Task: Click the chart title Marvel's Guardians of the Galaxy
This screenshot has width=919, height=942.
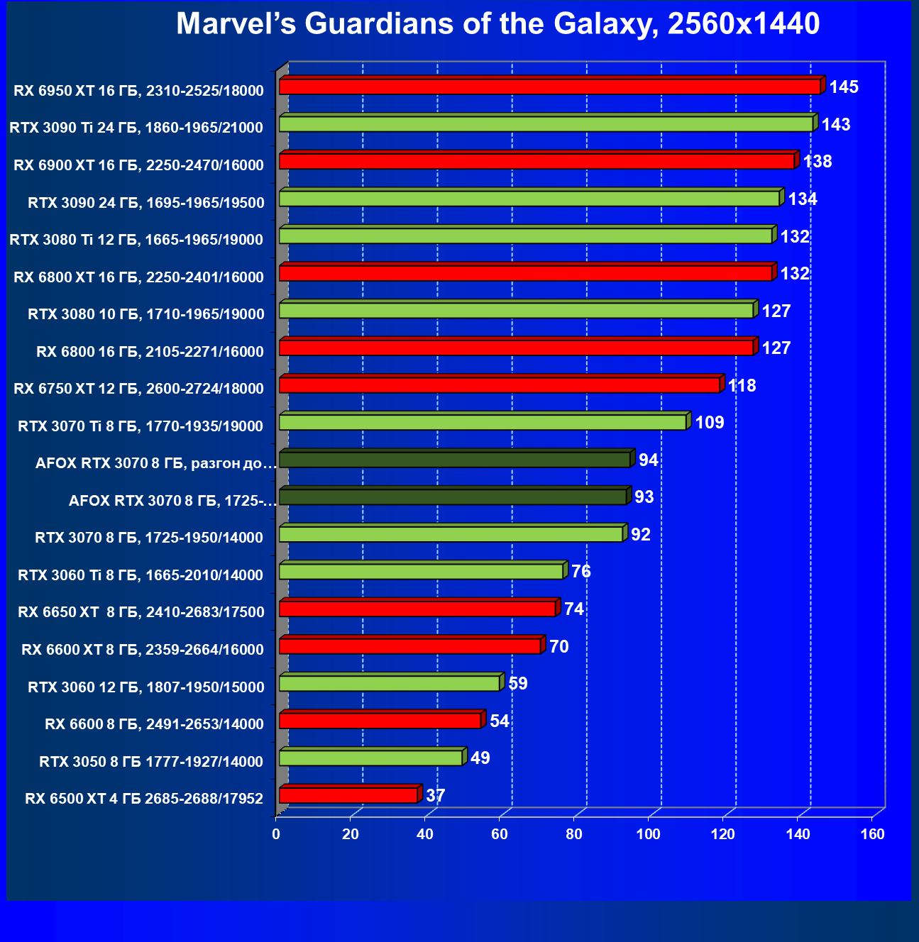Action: (x=497, y=24)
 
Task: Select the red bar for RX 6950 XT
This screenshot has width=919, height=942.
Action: (x=549, y=87)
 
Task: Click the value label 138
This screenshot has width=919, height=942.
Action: (x=818, y=162)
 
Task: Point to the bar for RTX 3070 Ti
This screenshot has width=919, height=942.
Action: (x=483, y=423)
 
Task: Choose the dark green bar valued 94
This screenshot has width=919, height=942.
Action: (x=455, y=460)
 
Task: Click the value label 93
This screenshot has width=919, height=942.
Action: (x=644, y=497)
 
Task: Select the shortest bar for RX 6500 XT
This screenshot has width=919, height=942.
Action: (x=348, y=795)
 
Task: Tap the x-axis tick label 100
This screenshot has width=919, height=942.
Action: (x=649, y=834)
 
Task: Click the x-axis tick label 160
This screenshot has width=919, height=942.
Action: (x=872, y=834)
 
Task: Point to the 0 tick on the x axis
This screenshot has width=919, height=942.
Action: (x=276, y=834)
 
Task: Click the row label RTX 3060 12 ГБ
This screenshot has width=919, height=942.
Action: (x=145, y=687)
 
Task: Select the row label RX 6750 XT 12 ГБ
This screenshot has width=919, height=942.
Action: (x=138, y=388)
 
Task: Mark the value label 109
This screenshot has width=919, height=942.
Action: (x=710, y=423)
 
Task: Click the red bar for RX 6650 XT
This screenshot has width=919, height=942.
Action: (x=417, y=609)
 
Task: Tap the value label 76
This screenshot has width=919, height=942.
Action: (x=580, y=572)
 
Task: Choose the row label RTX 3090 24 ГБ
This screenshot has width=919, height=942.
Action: (x=145, y=202)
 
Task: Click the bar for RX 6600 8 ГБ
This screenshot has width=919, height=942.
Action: (x=380, y=721)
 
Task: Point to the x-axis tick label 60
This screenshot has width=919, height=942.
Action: (x=500, y=834)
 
